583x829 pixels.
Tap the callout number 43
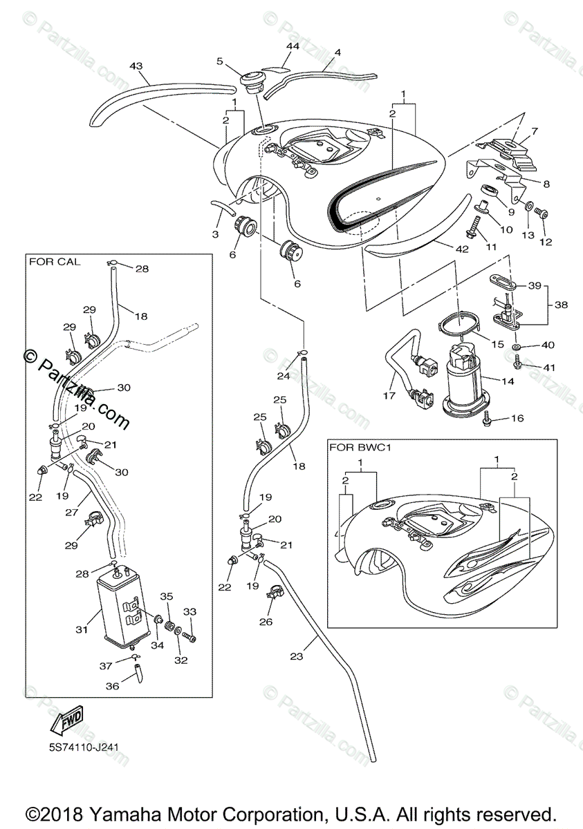(x=136, y=66)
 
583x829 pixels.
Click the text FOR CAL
(x=55, y=262)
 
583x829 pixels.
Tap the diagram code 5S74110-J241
(x=84, y=747)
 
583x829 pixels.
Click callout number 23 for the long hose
(x=297, y=656)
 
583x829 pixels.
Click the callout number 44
(x=293, y=46)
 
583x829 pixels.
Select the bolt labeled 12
(x=542, y=213)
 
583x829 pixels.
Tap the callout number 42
(x=462, y=249)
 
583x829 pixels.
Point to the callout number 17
(x=389, y=396)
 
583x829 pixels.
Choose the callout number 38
(x=561, y=305)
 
